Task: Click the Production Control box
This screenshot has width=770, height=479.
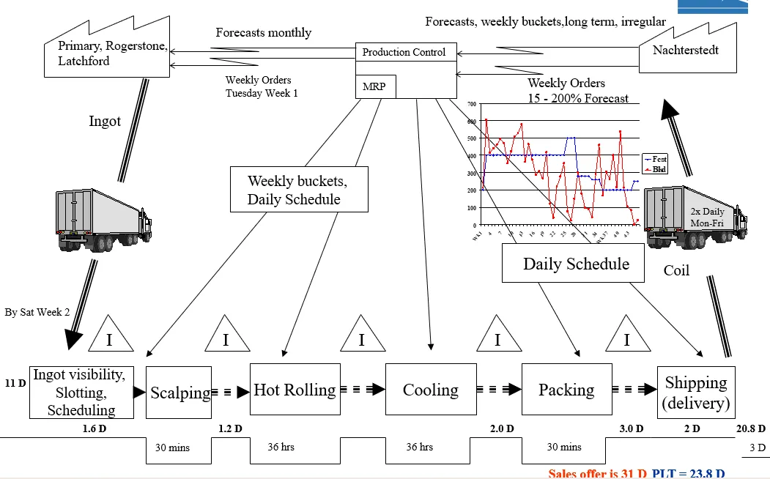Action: click(x=404, y=52)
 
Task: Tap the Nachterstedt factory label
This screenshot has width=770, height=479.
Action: click(x=686, y=51)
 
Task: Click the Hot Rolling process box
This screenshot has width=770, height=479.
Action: click(x=295, y=389)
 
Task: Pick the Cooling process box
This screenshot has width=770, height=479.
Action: click(x=431, y=390)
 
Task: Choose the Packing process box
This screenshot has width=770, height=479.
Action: click(x=566, y=390)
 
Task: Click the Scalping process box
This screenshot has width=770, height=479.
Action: click(x=178, y=393)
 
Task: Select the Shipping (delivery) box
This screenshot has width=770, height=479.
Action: click(x=695, y=393)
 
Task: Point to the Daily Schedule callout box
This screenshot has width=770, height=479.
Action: click(x=575, y=264)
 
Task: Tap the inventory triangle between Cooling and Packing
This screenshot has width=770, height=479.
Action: click(x=498, y=335)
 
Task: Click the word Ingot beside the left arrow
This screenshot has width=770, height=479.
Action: click(x=105, y=122)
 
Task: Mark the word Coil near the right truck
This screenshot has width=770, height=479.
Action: click(x=676, y=270)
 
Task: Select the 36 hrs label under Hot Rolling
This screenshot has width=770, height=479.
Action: click(x=281, y=446)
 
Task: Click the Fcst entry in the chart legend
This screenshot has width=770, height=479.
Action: click(x=658, y=158)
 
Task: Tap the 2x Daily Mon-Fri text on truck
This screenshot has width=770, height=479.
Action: click(x=706, y=217)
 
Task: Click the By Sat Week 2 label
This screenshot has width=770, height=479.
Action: click(x=37, y=312)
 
